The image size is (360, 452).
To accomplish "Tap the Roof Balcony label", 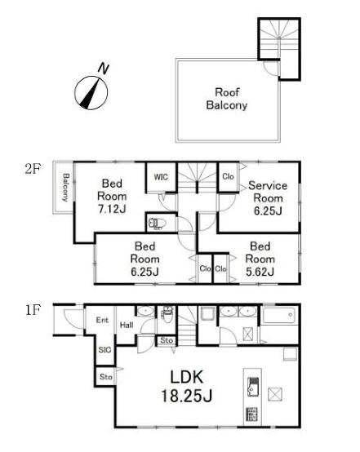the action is point(227,99).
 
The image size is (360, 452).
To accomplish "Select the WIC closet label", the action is point(161,177).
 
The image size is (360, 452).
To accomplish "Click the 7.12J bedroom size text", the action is point(112,209).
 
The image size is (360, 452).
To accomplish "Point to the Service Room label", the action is point(268,192).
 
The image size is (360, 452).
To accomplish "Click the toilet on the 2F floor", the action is point(158,224).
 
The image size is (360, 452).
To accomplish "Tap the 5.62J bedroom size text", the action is point(260,272).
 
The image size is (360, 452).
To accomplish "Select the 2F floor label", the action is point(33,169).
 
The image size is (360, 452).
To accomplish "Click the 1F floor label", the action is point(33,310).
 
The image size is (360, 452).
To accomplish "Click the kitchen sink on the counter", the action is point(253,386).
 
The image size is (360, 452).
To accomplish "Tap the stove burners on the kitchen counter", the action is point(252,414).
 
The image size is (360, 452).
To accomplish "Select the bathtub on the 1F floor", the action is point(279,316).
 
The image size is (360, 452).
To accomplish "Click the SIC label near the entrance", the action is point(104,350).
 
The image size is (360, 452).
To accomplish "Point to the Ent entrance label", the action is point(102,320).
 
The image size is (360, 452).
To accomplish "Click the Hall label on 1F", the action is point(127,326).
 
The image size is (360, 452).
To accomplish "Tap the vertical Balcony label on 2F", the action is point(66,188).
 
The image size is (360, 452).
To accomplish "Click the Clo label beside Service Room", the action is point(228,176).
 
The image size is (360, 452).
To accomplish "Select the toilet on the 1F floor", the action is point(167,314).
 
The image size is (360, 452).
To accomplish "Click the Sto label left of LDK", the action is point(106,377).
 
